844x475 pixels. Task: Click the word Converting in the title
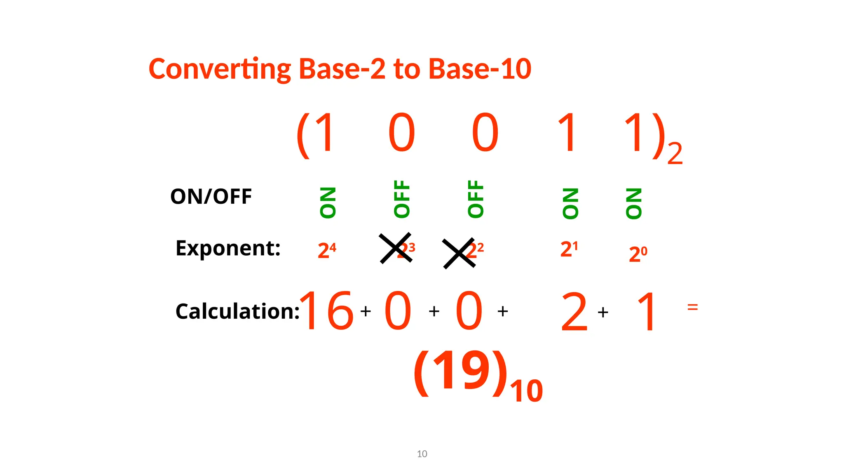click(x=220, y=69)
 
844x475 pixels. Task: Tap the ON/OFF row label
click(x=211, y=196)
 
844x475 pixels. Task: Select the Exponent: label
click(x=228, y=248)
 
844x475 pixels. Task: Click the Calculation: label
click(x=237, y=311)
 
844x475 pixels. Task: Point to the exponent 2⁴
click(x=327, y=250)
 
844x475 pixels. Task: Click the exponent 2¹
click(x=569, y=249)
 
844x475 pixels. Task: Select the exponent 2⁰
click(x=638, y=254)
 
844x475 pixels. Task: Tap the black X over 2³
click(x=396, y=248)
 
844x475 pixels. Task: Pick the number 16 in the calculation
click(x=326, y=311)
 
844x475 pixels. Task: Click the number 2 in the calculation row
click(x=574, y=312)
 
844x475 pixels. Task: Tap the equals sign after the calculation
click(x=692, y=307)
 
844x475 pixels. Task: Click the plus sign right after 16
click(x=366, y=311)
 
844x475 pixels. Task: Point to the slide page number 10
click(x=422, y=454)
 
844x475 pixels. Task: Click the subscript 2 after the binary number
click(x=675, y=154)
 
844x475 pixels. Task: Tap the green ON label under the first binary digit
click(x=328, y=202)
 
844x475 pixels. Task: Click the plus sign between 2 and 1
click(x=603, y=312)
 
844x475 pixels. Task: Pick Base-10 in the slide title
click(x=480, y=69)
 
